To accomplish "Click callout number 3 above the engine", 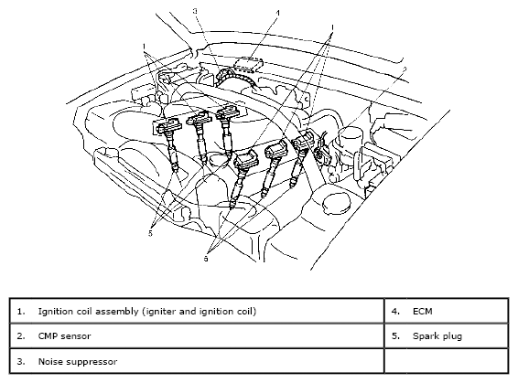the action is tap(195, 11).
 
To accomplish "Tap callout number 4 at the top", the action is tap(278, 13).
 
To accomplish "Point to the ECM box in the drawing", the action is tap(248, 64).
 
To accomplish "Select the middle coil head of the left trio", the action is tap(200, 118).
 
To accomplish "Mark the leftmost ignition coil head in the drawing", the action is tap(168, 126).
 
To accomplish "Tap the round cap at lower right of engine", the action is tap(336, 202).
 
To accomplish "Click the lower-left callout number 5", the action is tap(151, 233).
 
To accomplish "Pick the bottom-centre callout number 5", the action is tap(206, 259).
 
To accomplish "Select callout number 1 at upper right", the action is tap(332, 27).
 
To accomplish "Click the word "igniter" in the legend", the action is tap(160, 312).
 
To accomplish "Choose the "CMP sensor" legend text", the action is tap(64, 336).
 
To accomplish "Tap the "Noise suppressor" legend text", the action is tap(78, 362).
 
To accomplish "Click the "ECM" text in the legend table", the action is tap(423, 311).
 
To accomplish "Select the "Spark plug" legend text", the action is tap(437, 336).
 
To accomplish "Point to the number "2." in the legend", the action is tap(21, 336).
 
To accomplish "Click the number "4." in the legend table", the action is tap(395, 311).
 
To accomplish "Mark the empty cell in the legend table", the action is tap(447, 361).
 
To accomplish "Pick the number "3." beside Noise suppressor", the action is tap(21, 362).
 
